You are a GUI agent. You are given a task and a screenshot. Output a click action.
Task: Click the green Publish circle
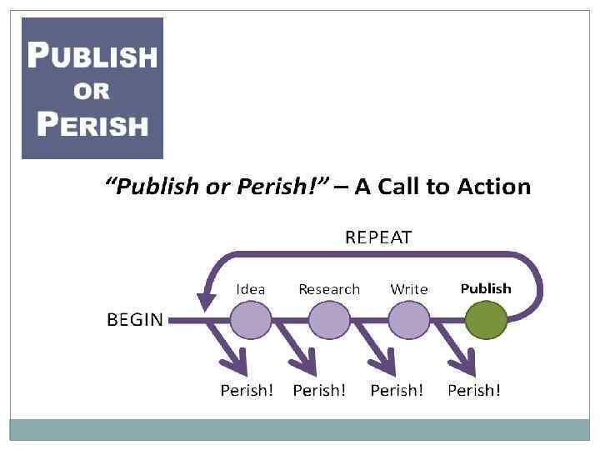pos(487,320)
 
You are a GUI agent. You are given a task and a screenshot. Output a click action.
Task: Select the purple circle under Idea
pos(251,320)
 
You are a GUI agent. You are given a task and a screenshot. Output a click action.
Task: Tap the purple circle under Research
pos(329,320)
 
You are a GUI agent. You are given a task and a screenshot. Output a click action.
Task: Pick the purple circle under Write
pos(408,320)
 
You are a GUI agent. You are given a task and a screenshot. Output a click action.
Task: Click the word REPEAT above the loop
pos(378,237)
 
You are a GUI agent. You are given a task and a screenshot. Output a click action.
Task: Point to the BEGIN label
pos(135,320)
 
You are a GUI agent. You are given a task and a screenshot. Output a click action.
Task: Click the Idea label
pos(251,289)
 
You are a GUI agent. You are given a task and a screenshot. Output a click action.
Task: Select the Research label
pos(329,289)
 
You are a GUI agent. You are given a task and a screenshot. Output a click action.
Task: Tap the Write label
pos(409,289)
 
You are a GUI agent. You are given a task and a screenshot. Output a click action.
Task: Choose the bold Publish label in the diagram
pos(486,288)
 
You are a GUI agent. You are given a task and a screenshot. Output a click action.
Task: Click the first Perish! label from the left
pos(247,390)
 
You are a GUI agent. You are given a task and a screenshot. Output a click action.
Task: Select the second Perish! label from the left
pos(319,390)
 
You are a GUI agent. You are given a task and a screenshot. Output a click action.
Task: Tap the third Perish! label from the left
pos(397,390)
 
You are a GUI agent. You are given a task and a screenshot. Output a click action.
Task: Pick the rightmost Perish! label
pos(474,390)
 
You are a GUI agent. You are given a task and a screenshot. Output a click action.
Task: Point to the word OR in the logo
pos(92,90)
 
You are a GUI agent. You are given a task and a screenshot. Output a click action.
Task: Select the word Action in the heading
pos(492,186)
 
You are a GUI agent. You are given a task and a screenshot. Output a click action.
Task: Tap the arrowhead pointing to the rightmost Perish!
pos(463,363)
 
